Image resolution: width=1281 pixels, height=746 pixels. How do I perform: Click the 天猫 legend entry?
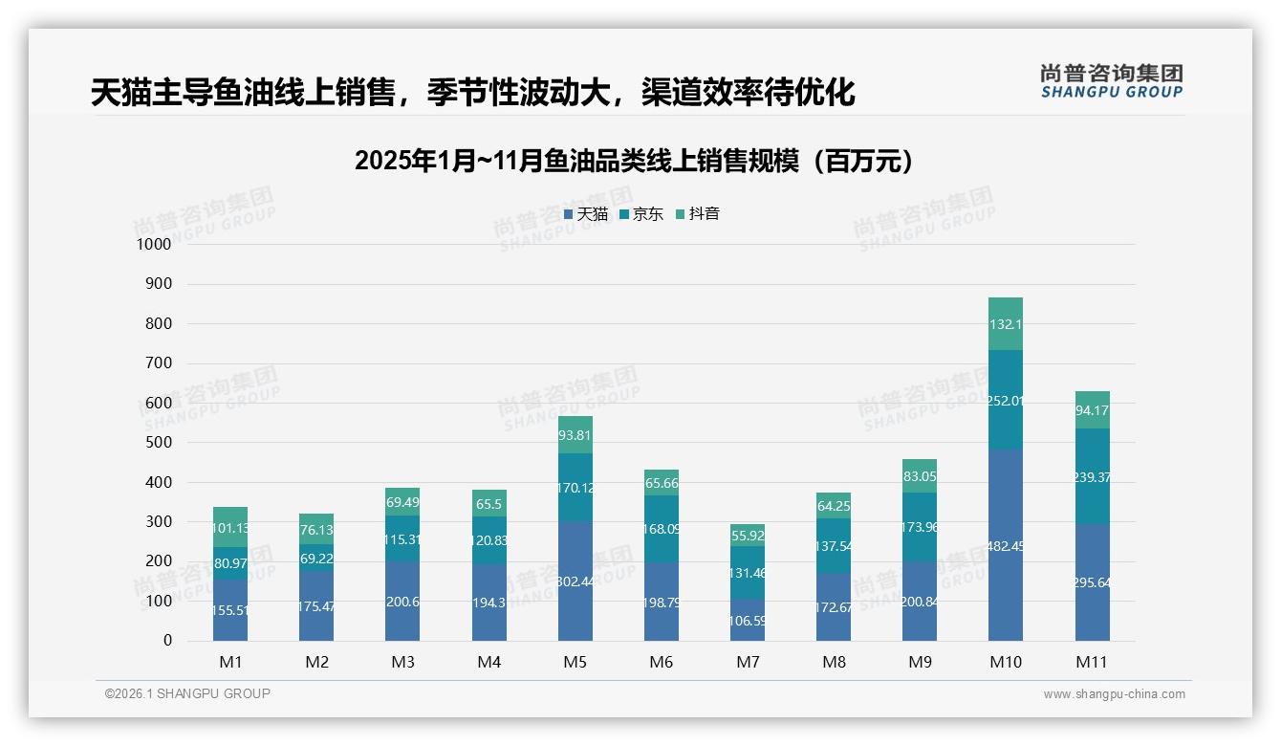coord(586,214)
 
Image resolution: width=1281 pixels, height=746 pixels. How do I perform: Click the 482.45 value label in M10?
coord(1006,547)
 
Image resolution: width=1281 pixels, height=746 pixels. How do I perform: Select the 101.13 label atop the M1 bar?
coord(230,528)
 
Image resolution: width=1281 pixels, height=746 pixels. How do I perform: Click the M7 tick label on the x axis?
coord(748,662)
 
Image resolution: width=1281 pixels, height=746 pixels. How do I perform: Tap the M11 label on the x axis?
coord(1093,662)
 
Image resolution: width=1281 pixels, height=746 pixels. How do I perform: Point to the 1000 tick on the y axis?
coord(154,244)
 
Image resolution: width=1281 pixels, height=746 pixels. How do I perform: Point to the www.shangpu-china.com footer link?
coord(1114,694)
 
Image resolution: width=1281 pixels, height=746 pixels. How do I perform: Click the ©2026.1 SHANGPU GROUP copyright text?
coord(187,693)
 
